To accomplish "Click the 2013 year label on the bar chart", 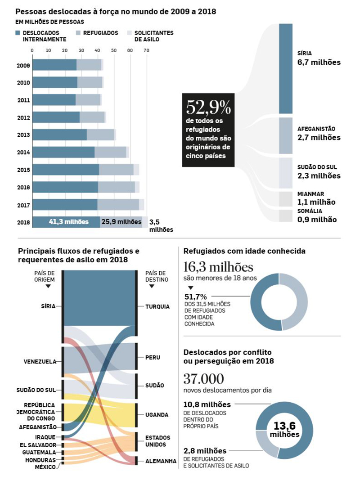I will coord(23,135).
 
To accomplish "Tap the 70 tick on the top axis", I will coord(146,51).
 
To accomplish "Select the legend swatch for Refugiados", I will coord(78,33).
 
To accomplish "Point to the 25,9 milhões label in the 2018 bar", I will coord(121,222).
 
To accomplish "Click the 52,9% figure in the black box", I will coord(208,108).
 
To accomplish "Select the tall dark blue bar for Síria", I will coord(286,68).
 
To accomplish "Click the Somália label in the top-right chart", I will coord(309,211).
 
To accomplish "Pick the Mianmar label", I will coord(310,194).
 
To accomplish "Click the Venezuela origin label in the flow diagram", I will coord(40,361).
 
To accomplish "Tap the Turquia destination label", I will coord(157,307).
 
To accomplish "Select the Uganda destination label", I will coord(157,415).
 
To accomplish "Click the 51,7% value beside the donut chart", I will coord(196,296).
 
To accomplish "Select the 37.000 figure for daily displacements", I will coord(204,378).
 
